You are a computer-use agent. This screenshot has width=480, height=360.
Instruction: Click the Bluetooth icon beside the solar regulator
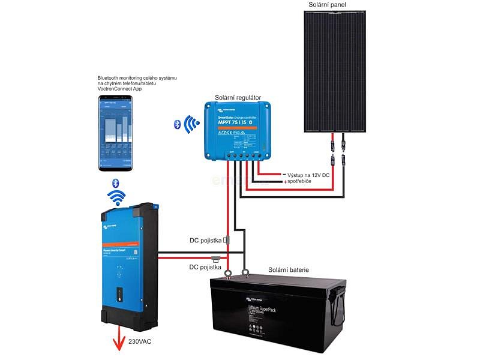pos(178,124)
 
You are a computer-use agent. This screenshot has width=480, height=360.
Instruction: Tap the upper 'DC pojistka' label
pos(206,241)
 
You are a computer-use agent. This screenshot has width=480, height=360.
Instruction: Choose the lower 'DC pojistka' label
pos(206,267)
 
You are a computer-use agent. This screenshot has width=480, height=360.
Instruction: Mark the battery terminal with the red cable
pos(228,277)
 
